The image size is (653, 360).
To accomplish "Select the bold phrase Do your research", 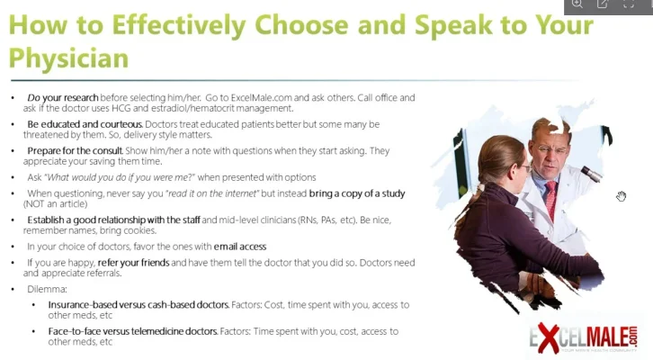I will tap(58, 97).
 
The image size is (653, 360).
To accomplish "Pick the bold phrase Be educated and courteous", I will tap(84, 123).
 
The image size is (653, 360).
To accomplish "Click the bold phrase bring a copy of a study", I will tap(357, 193).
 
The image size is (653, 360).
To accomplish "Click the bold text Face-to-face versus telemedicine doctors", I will tap(133, 331).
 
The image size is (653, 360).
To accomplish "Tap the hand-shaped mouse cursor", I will tap(621, 196).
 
